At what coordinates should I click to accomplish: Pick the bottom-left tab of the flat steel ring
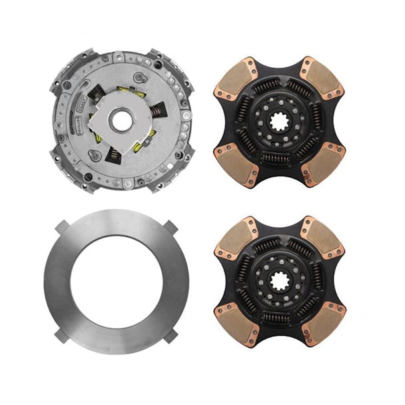click(x=64, y=335)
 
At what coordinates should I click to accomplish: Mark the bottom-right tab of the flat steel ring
click(x=172, y=335)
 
